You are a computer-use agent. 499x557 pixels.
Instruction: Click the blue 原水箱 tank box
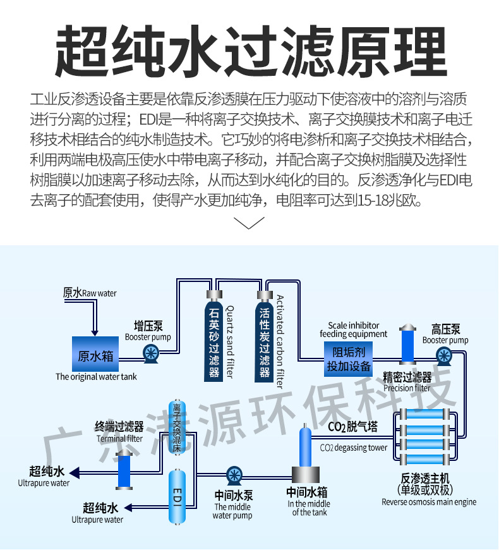pos(95,354)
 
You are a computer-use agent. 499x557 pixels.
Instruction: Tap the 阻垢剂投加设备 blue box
pos(348,358)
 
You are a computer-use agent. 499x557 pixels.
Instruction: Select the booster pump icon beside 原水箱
pos(151,354)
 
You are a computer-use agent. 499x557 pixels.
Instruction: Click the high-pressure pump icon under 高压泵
pos(443,357)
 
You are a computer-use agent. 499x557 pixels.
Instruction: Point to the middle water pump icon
pos(234,475)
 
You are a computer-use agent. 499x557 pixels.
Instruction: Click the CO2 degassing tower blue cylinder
pos(305,446)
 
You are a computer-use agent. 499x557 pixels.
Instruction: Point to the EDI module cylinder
pos(177,496)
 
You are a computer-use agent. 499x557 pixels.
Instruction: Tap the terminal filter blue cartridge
pos(124,469)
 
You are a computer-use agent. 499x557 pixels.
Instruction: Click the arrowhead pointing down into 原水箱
pos(94,333)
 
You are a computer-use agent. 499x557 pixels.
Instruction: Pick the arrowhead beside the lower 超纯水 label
pos(128,508)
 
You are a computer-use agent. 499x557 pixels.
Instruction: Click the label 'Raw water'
pos(99,293)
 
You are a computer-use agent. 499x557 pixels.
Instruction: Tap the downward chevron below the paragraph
pos(249,223)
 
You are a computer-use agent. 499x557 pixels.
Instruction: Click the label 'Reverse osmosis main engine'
pos(429,502)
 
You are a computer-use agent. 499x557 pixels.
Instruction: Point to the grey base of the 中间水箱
pos(306,475)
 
